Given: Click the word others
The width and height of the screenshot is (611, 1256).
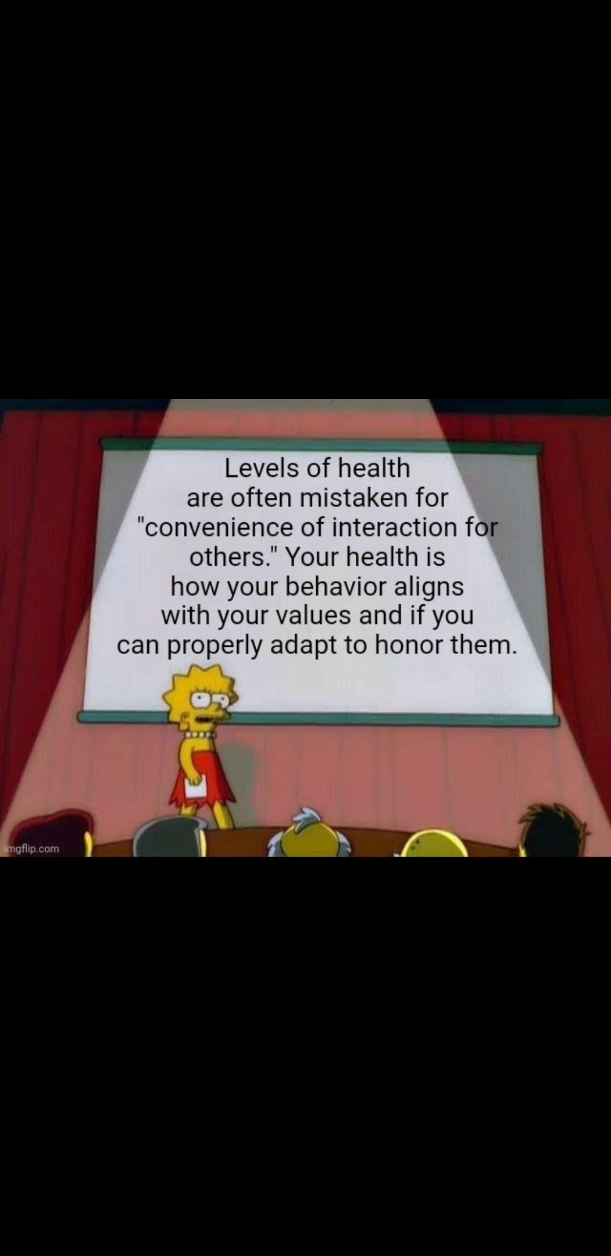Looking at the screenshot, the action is [227, 557].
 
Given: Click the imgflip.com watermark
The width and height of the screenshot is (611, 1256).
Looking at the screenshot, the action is [31, 849].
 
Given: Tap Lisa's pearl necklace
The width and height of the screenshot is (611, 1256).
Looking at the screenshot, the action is [201, 734].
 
